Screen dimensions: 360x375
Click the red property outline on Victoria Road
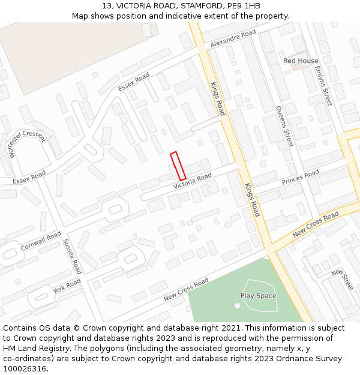[178, 166]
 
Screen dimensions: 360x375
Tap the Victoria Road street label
[193, 182]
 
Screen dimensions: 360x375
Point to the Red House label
[301, 61]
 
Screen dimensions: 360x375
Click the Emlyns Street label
[323, 86]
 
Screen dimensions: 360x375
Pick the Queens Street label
[284, 126]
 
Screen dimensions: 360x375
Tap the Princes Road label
[300, 178]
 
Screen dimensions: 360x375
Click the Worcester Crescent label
[26, 144]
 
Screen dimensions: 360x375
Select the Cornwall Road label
[41, 241]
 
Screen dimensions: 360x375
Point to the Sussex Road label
[71, 256]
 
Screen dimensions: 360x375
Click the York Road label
[66, 286]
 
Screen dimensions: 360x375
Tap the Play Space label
[258, 296]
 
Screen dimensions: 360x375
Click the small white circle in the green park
[237, 305]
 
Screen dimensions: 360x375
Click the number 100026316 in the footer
[25, 369]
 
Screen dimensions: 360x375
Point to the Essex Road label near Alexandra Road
[133, 82]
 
